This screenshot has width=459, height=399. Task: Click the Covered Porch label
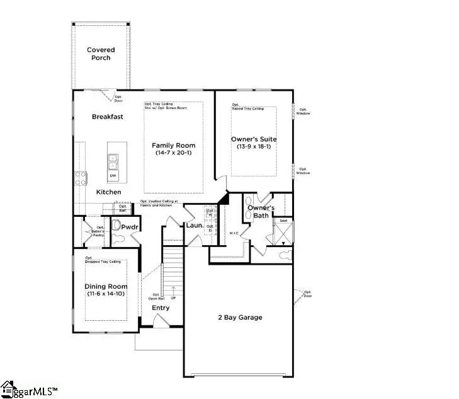pos(98,54)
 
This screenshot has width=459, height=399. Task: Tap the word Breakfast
pos(107,117)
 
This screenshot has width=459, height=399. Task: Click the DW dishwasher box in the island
pos(113,176)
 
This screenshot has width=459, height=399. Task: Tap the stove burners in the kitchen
pos(81,178)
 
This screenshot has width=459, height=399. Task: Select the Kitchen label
pos(108,192)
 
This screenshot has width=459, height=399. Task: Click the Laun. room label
pos(193,225)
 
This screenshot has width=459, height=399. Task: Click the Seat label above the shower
pos(284,220)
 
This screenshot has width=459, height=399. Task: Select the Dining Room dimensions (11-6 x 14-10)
pos(106,294)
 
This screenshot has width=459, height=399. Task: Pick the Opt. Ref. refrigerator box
pos(123,207)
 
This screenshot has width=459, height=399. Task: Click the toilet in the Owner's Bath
pos(284,255)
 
